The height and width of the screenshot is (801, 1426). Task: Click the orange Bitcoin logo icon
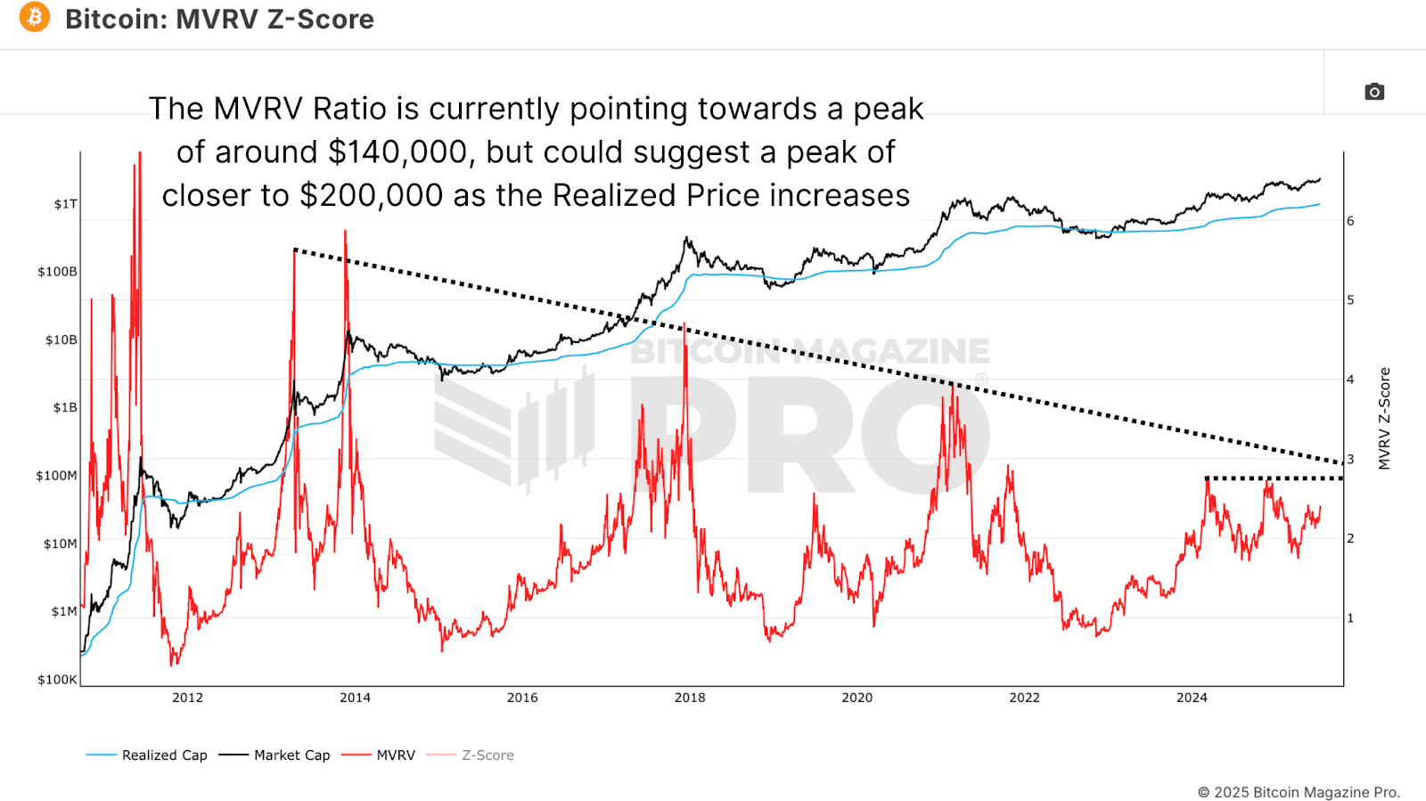pyautogui.click(x=35, y=17)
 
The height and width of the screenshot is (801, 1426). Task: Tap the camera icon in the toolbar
pyautogui.click(x=1374, y=92)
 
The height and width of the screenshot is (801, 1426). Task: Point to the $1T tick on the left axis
pyautogui.click(x=65, y=204)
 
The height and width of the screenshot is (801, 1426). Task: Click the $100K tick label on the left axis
pyautogui.click(x=57, y=680)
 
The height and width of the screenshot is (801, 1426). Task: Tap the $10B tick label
pyautogui.click(x=61, y=339)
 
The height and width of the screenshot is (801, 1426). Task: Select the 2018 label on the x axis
pyautogui.click(x=690, y=698)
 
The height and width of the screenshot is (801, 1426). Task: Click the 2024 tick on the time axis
pyautogui.click(x=1192, y=698)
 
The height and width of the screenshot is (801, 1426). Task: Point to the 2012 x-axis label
pyautogui.click(x=187, y=698)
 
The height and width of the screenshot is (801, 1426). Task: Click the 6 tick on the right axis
pyautogui.click(x=1350, y=221)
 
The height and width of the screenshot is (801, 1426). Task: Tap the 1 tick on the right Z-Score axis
pyautogui.click(x=1350, y=617)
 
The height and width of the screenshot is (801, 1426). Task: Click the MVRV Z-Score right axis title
pyautogui.click(x=1384, y=419)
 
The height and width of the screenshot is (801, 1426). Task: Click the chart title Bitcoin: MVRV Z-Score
pyautogui.click(x=219, y=19)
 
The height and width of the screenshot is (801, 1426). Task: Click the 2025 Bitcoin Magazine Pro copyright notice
pyautogui.click(x=1299, y=792)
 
